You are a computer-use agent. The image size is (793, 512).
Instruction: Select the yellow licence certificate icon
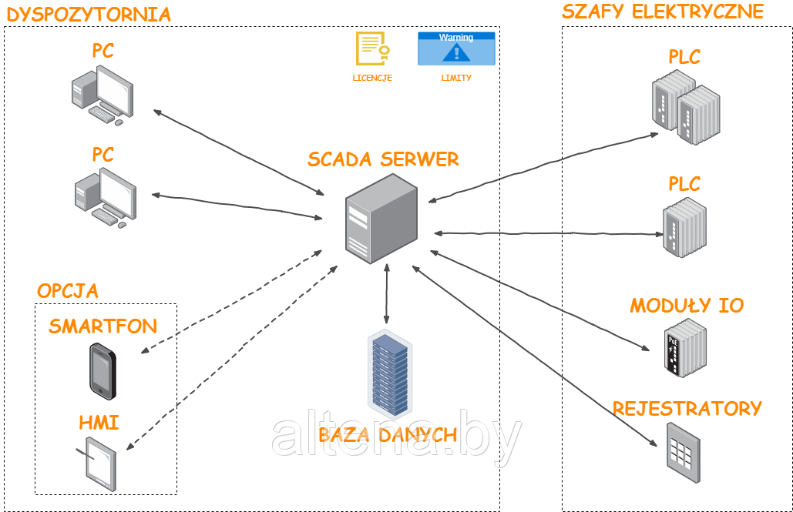tap(371, 49)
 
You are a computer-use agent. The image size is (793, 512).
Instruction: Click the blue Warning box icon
tap(456, 49)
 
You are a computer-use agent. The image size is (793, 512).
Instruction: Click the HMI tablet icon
tap(100, 462)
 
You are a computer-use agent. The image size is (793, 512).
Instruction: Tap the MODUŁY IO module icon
tap(684, 349)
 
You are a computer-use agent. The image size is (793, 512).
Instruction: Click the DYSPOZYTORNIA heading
tap(88, 14)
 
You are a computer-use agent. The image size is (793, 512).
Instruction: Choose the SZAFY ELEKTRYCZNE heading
tap(663, 12)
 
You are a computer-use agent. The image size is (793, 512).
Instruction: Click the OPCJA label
tap(68, 291)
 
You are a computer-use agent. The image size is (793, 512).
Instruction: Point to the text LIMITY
tap(456, 78)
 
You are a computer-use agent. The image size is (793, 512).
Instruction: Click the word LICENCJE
tap(372, 78)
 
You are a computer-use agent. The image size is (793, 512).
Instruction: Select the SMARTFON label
tap(102, 326)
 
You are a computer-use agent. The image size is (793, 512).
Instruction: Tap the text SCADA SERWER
tap(383, 159)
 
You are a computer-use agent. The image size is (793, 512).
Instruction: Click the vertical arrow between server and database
tap(386, 293)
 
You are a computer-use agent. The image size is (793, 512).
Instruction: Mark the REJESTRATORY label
tap(687, 408)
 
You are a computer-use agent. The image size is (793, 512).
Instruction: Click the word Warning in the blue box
tap(456, 37)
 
